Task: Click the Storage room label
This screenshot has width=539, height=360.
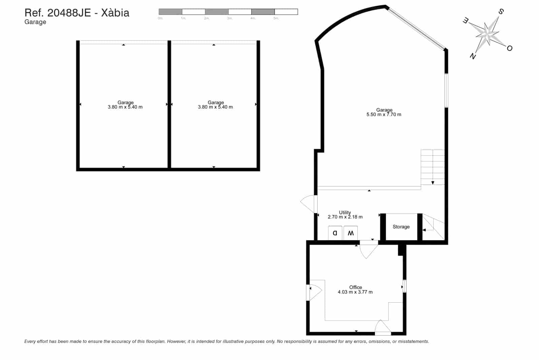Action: click(x=401, y=227)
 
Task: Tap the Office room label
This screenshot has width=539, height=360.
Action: click(x=355, y=287)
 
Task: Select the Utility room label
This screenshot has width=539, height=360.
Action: click(x=345, y=212)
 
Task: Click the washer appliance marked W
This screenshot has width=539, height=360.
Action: click(x=351, y=233)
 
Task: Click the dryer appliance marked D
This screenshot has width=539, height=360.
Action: click(x=335, y=233)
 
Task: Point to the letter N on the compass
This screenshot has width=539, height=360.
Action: click(x=473, y=56)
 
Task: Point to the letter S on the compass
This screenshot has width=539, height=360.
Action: click(x=501, y=12)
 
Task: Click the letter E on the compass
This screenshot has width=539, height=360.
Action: click(x=465, y=21)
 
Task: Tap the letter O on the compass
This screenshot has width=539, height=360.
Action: click(x=509, y=48)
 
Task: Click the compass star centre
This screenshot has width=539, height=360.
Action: click(x=487, y=34)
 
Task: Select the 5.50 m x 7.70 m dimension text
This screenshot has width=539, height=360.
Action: click(x=384, y=115)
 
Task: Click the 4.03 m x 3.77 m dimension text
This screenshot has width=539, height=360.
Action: click(x=355, y=292)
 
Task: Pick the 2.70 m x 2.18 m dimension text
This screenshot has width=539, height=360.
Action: click(x=345, y=217)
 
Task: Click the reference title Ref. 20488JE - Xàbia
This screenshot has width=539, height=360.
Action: click(x=77, y=13)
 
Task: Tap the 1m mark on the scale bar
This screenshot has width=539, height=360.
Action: click(x=183, y=18)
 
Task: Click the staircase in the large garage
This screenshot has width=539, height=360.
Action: click(x=433, y=167)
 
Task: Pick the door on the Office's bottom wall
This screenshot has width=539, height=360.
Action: click(x=383, y=328)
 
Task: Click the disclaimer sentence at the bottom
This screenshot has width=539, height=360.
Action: click(x=226, y=341)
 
